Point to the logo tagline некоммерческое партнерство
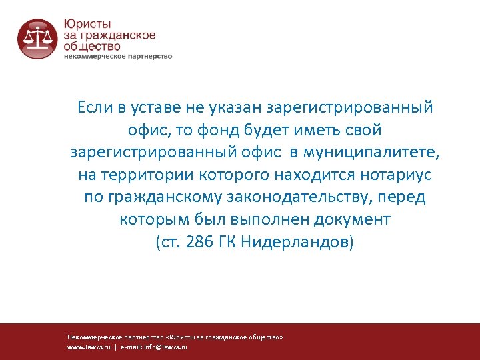point(118,56)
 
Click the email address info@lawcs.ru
point(166,347)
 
